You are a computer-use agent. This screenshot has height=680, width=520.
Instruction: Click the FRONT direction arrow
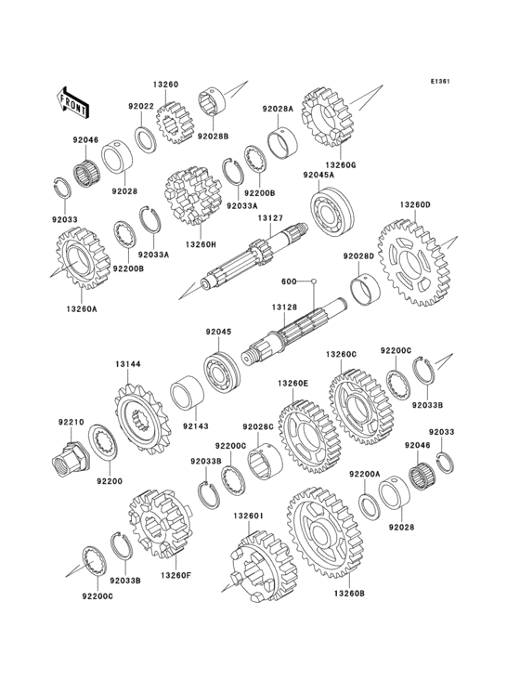[x=72, y=102]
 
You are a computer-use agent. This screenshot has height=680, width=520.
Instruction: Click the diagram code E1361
[x=440, y=81]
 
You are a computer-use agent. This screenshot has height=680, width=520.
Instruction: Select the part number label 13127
[x=271, y=219]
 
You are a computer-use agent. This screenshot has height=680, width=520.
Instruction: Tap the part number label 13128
[x=284, y=307]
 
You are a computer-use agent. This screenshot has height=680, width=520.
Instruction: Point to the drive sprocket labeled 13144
[x=143, y=418]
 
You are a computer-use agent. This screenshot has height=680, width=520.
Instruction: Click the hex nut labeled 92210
[x=70, y=459]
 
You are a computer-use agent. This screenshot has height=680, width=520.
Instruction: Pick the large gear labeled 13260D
[x=415, y=263]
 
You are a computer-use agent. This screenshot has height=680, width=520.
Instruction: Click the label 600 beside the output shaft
[x=289, y=281]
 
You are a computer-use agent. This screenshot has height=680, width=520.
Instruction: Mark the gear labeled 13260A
[x=83, y=258]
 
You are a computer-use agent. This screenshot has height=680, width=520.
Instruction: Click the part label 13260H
[x=201, y=244]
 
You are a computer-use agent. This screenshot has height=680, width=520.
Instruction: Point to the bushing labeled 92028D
[x=365, y=289]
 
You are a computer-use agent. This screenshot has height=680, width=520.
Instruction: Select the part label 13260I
[x=248, y=516]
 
